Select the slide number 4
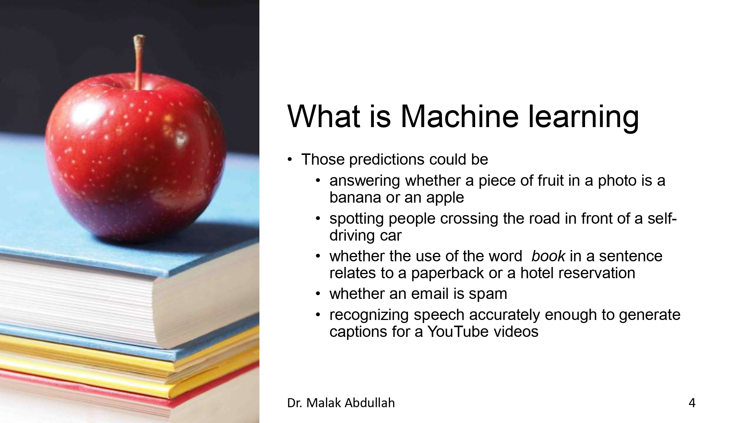pos(692,403)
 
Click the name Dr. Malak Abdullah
pos(341,403)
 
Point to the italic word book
pos(548,256)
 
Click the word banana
pos(355,198)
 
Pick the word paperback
pos(447,273)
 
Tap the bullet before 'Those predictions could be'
pos(290,160)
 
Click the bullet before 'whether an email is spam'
pos(318,294)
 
